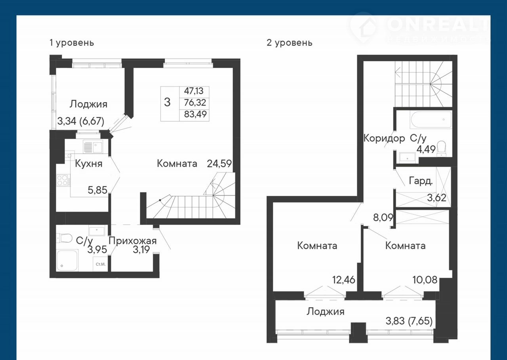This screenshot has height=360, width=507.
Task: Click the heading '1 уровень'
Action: click(72, 42)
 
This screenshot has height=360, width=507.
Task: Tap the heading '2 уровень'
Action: click(290, 42)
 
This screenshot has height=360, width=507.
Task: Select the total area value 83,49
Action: click(195, 114)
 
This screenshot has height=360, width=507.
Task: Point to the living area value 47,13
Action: click(194, 91)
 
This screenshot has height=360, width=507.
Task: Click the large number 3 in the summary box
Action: click(167, 102)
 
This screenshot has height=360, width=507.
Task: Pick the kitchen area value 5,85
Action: click(97, 190)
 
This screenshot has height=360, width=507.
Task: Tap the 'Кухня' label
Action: click(88, 164)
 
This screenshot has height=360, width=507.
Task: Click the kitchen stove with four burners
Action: click(63, 181)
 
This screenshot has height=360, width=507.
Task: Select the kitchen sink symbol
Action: click(93, 147)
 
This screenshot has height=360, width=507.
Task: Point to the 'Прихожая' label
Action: click(133, 241)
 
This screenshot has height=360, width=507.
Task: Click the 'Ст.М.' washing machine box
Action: click(100, 264)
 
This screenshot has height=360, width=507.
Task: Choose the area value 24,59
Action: click(219, 164)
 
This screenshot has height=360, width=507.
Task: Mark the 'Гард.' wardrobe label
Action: click(421, 181)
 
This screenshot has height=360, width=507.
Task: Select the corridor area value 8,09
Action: click(383, 217)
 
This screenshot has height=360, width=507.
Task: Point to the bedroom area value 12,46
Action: click(343, 280)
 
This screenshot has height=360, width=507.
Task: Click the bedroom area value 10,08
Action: click(425, 280)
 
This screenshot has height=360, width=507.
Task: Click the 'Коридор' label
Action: click(384, 138)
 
